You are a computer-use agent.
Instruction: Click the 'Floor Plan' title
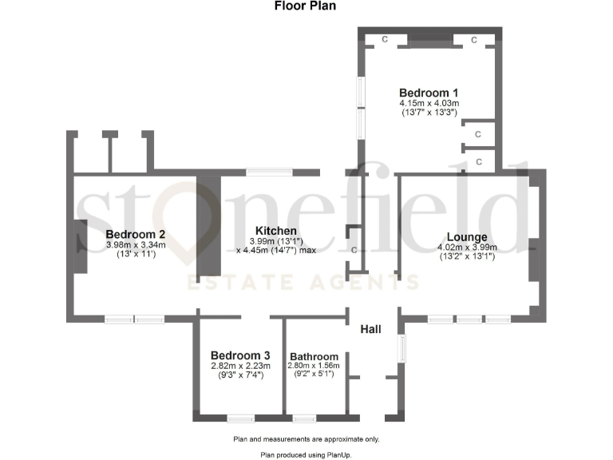click(x=305, y=6)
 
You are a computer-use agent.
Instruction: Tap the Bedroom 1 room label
click(x=429, y=92)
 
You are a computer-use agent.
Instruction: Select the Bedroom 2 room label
click(x=136, y=234)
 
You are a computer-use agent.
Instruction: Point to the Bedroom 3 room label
click(x=240, y=355)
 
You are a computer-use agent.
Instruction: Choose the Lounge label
click(x=467, y=236)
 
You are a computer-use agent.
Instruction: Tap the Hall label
click(x=370, y=329)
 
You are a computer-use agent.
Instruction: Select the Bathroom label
click(x=314, y=356)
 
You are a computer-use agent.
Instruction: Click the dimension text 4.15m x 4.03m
click(x=429, y=103)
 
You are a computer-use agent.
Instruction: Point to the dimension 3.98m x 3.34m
click(x=136, y=244)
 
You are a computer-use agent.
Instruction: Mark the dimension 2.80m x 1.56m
click(x=314, y=366)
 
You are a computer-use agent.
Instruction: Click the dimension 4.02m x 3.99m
click(x=467, y=248)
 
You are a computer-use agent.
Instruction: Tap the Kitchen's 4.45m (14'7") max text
click(x=276, y=250)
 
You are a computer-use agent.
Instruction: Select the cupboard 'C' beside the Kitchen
click(x=354, y=250)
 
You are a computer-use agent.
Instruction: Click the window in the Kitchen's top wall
click(x=269, y=171)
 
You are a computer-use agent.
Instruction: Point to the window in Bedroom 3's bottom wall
click(x=240, y=418)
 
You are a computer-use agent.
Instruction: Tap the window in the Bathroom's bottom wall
click(x=303, y=418)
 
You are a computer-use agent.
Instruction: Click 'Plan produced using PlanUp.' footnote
click(x=306, y=454)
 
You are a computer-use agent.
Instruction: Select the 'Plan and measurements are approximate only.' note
click(x=306, y=439)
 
